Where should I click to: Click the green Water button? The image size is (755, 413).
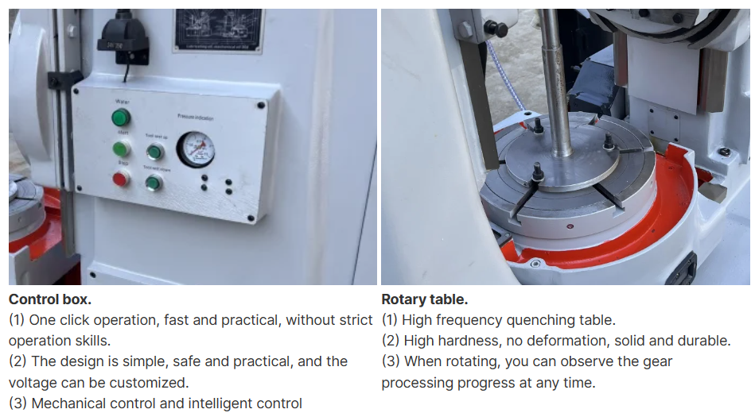tap(121, 119)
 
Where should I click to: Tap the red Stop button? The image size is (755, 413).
tap(121, 179)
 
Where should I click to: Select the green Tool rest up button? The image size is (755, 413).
tap(155, 152)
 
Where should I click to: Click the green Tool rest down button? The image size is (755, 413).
tap(154, 183)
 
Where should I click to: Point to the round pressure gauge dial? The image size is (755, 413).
tap(195, 149)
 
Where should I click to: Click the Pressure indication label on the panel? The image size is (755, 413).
tap(196, 117)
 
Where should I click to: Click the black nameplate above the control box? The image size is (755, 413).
tap(217, 31)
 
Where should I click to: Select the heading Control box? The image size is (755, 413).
tap(49, 299)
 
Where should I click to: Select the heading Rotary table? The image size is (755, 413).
tap(424, 299)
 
